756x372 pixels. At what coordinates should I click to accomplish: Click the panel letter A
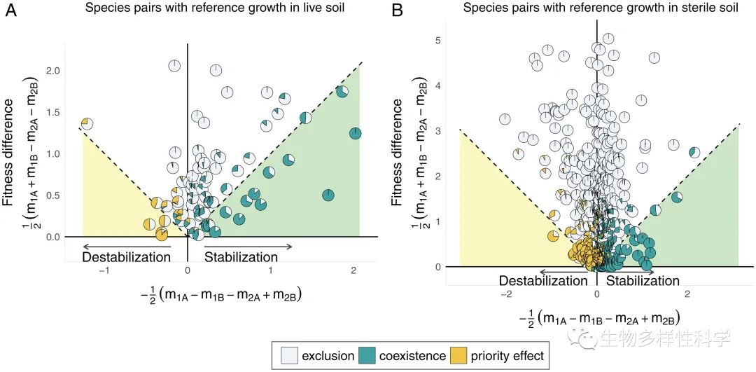[11, 12]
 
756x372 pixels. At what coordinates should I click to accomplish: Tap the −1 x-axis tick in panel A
[104, 270]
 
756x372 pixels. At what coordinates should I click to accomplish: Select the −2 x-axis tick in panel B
[505, 294]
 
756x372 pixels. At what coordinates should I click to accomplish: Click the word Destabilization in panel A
[126, 257]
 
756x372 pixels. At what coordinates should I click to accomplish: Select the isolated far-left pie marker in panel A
[87, 124]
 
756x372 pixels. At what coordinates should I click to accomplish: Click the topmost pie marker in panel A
[174, 66]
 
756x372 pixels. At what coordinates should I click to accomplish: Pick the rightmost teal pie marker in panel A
[355, 133]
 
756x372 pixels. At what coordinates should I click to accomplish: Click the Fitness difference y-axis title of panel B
[398, 152]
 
